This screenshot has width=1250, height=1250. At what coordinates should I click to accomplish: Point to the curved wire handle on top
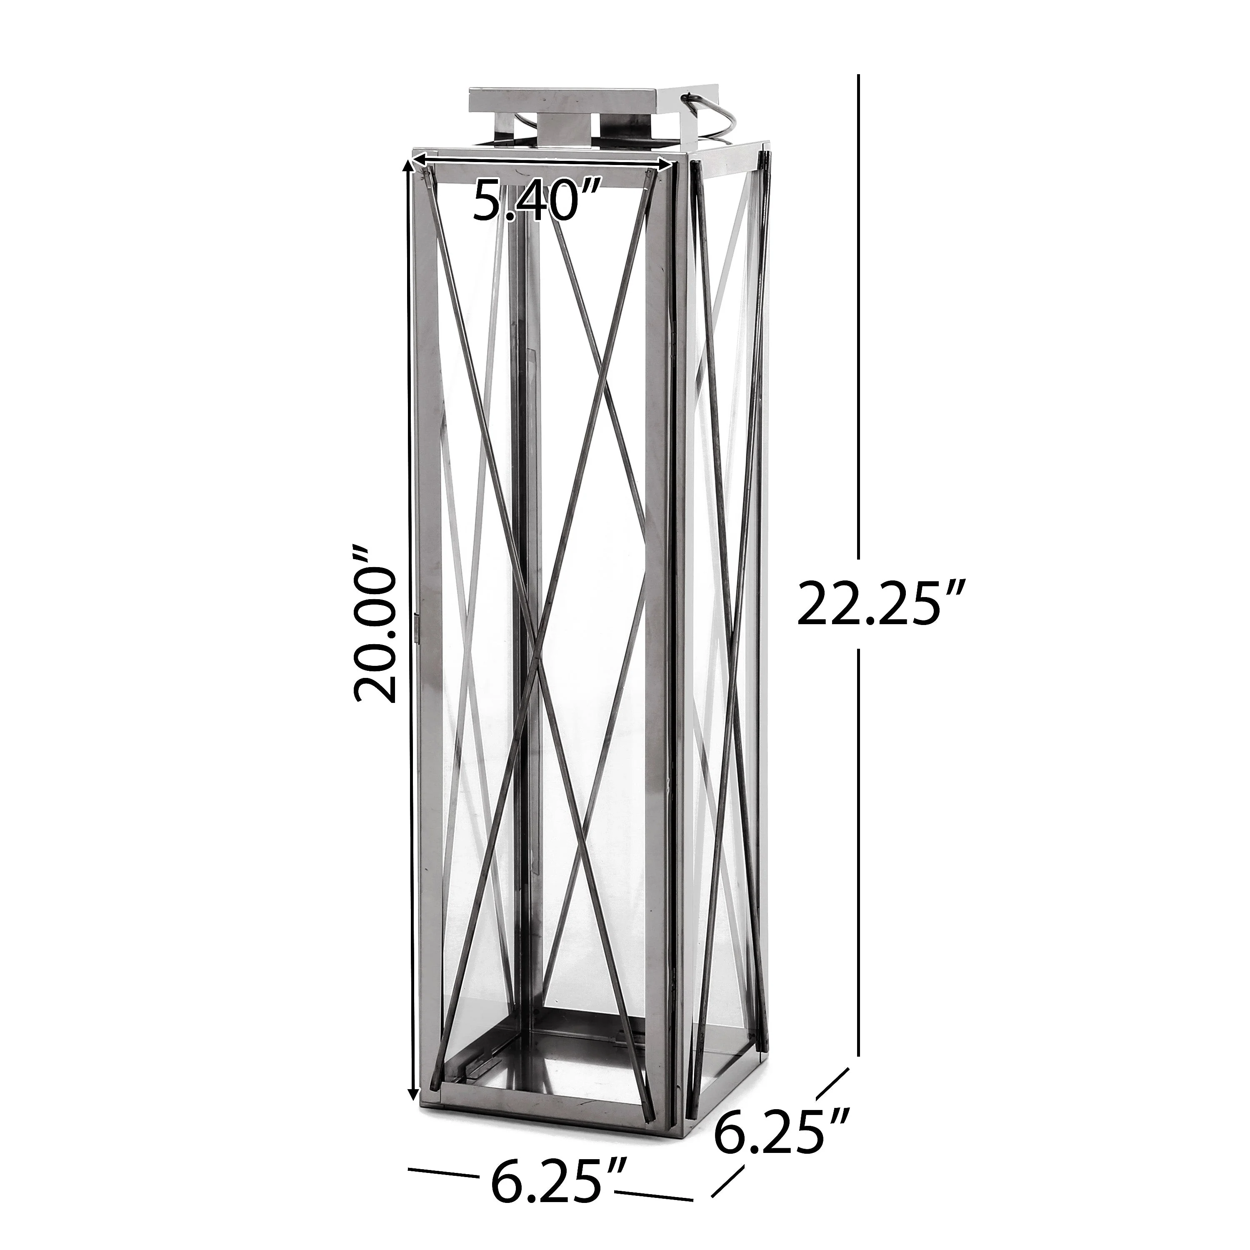pyautogui.click(x=712, y=117)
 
